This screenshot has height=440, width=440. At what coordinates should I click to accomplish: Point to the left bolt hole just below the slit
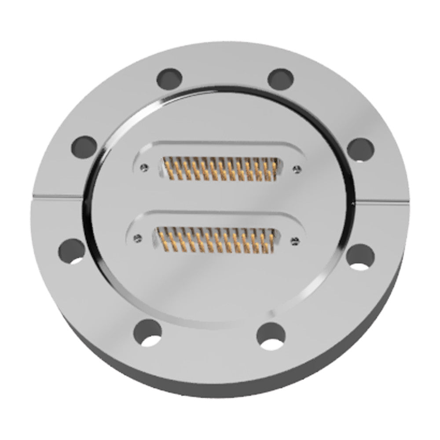72,250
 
